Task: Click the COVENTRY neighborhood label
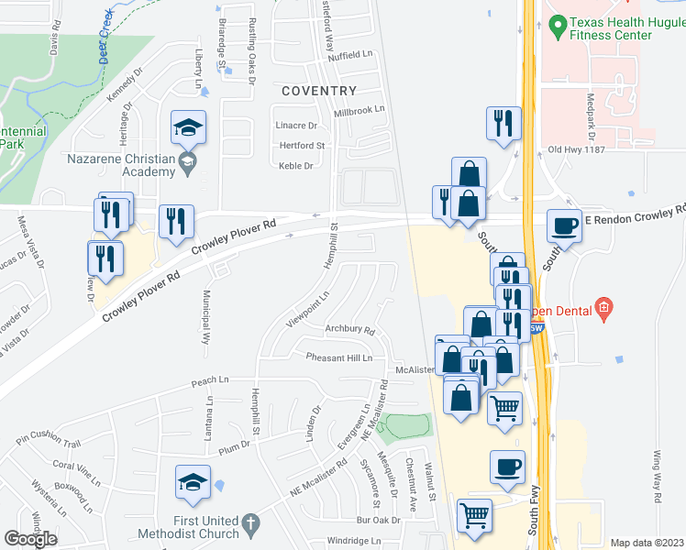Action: (318, 91)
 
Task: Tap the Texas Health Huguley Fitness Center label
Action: (612, 28)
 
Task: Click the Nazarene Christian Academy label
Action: (121, 164)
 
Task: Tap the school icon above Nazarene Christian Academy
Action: (189, 128)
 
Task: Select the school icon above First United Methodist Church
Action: (194, 483)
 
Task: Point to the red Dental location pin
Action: (603, 308)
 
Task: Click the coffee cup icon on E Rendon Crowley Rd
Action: (565, 225)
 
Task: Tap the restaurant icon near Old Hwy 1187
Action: (503, 124)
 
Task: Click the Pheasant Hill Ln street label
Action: (339, 357)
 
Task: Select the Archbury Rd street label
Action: (350, 330)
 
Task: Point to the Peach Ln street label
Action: (209, 379)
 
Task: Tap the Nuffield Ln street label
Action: (354, 55)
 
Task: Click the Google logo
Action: (32, 538)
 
